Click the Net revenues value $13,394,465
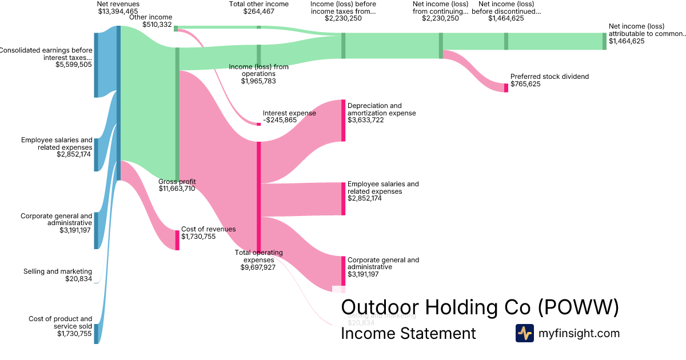pyautogui.click(x=118, y=11)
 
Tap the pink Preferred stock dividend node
pyautogui.click(x=506, y=87)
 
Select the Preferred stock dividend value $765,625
pyautogui.click(x=525, y=84)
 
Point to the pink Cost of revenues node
pyautogui.click(x=177, y=240)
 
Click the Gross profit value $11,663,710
pyautogui.click(x=177, y=189)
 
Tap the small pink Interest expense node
pyautogui.click(x=259, y=124)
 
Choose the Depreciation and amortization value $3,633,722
pyautogui.click(x=365, y=121)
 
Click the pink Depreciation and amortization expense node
pyautogui.click(x=344, y=120)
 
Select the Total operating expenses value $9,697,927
pyautogui.click(x=259, y=267)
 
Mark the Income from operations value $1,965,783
pyautogui.click(x=258, y=82)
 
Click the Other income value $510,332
pyautogui.click(x=157, y=25)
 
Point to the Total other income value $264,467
pyautogui.click(x=258, y=11)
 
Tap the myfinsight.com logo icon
pyautogui.click(x=524, y=333)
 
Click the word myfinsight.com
pyautogui.click(x=579, y=333)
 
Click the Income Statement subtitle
pyautogui.click(x=408, y=333)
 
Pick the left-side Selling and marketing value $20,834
pyautogui.click(x=79, y=279)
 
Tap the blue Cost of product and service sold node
pyautogui.click(x=96, y=333)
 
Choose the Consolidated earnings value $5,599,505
pyautogui.click(x=74, y=65)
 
